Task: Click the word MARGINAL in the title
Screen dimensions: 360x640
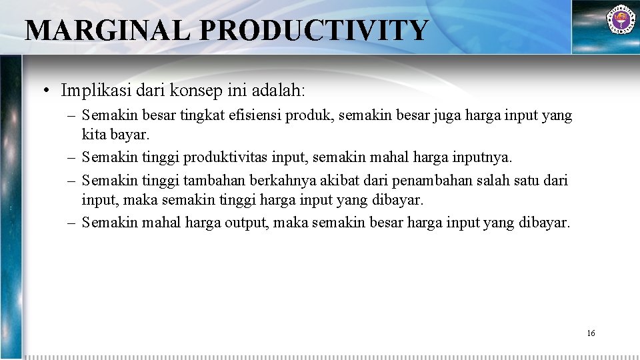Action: (x=107, y=31)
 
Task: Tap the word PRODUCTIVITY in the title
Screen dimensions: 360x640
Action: (x=313, y=31)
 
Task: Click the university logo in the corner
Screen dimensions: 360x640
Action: (x=620, y=20)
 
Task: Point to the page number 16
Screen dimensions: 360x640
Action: (x=591, y=333)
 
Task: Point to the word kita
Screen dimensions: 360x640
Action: (x=93, y=136)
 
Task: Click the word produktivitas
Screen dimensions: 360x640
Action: (x=225, y=157)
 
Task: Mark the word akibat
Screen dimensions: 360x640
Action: (x=343, y=180)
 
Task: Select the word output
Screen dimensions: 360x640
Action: (x=245, y=222)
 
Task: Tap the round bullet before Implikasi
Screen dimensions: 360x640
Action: (x=49, y=90)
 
